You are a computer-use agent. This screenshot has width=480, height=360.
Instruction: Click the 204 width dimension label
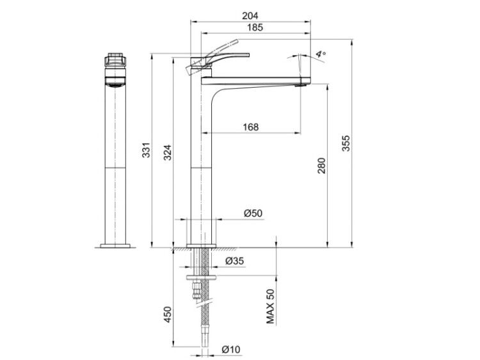click(x=250, y=15)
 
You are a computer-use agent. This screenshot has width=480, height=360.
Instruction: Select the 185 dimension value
click(x=255, y=27)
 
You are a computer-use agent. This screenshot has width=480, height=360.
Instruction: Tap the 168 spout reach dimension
click(x=251, y=127)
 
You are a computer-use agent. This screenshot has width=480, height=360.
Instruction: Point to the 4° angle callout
click(x=321, y=54)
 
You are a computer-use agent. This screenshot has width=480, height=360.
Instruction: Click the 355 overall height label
click(x=346, y=143)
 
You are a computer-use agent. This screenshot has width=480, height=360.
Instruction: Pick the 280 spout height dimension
click(x=321, y=166)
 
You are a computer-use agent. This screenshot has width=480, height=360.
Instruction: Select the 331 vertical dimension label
click(x=147, y=150)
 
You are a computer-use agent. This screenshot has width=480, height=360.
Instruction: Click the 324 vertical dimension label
click(x=168, y=152)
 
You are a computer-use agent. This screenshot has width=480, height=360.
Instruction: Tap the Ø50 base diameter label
click(x=253, y=213)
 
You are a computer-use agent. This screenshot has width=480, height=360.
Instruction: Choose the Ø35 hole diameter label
click(x=234, y=261)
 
